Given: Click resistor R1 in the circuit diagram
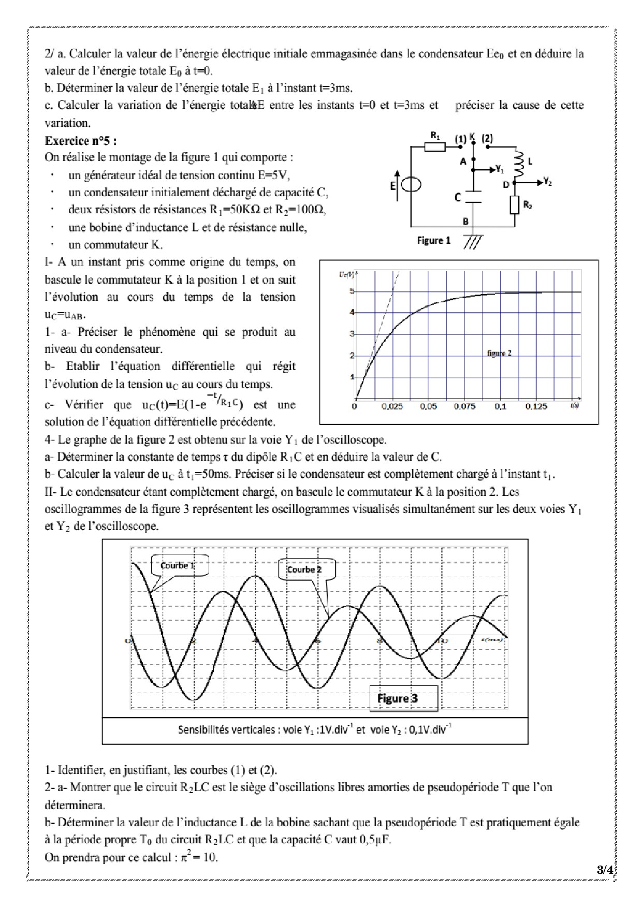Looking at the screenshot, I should click(x=435, y=147).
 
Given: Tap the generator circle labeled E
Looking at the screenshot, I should click(x=412, y=185).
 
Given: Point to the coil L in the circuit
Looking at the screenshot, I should click(x=519, y=163).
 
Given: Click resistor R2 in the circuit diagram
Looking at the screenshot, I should click(x=515, y=205).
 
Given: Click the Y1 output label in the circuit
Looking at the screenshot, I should click(x=499, y=169).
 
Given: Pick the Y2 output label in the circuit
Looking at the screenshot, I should click(x=548, y=182).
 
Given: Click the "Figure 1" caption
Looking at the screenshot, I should click(x=434, y=240).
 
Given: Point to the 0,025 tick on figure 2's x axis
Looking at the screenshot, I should click(x=392, y=406).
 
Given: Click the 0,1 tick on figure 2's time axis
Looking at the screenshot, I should click(x=500, y=406).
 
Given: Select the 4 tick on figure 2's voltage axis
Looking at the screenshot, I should click(x=352, y=312).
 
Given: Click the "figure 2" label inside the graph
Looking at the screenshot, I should click(x=499, y=353).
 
